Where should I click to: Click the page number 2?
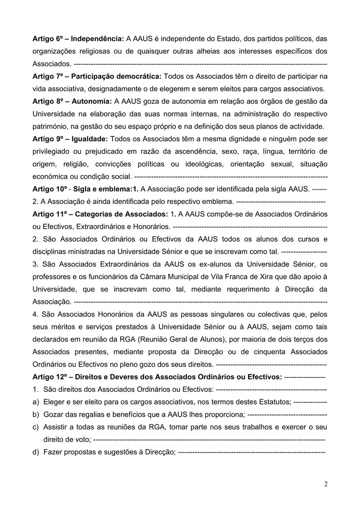tap(325, 484)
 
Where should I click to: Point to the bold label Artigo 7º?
tap(48, 74)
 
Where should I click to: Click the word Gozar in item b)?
tap(53, 414)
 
